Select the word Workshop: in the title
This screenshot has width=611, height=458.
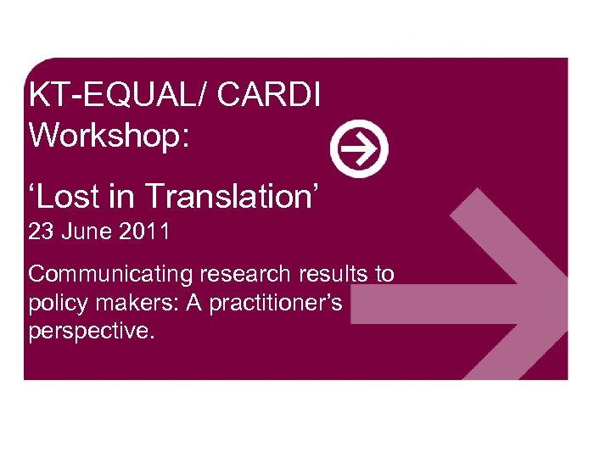coord(109,134)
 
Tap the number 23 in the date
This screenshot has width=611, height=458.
coord(41,232)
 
